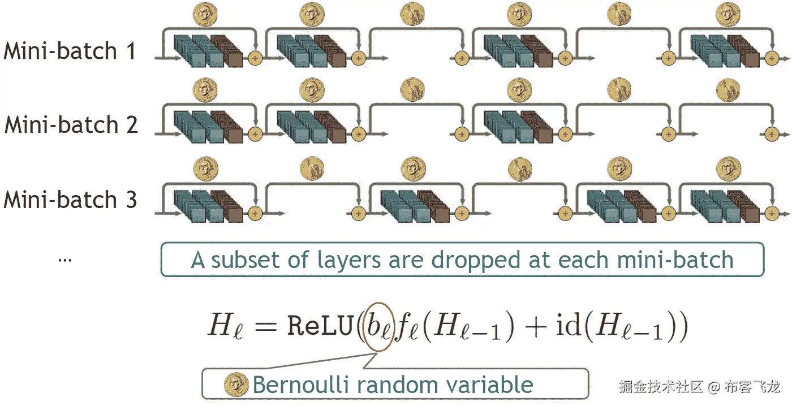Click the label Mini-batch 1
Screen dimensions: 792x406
click(x=70, y=51)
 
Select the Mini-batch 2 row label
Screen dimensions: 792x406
click(x=71, y=125)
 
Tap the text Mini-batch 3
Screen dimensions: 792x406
click(x=70, y=200)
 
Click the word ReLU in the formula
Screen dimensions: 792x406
click(x=320, y=327)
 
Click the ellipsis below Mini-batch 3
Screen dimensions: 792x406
click(x=65, y=260)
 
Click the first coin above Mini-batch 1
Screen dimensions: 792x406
click(x=205, y=14)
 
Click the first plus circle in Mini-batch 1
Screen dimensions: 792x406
click(x=255, y=58)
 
